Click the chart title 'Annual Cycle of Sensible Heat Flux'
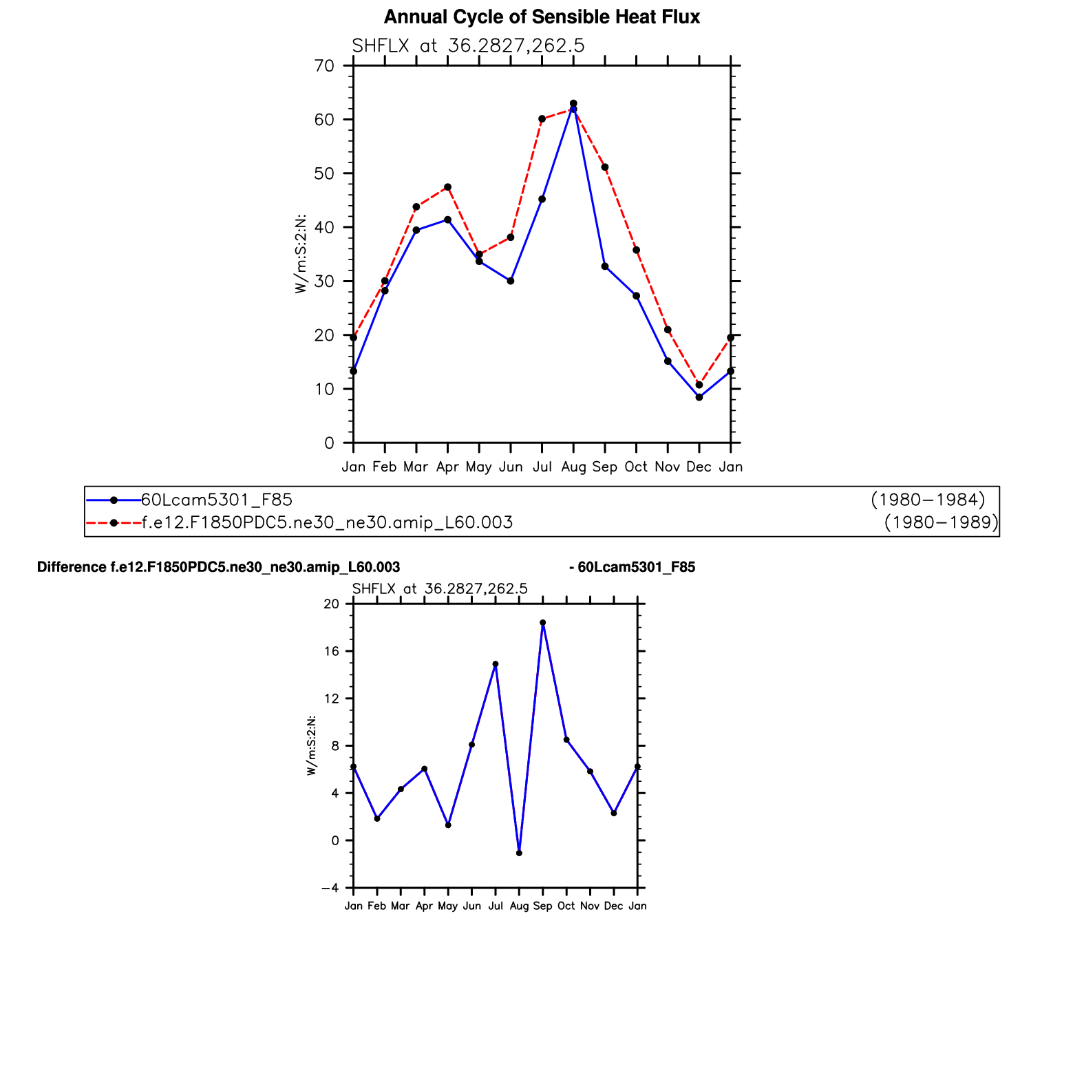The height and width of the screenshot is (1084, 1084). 542,17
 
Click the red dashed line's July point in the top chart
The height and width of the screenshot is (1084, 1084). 542,119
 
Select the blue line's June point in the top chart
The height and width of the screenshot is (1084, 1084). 511,281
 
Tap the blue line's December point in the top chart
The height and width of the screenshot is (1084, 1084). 699,397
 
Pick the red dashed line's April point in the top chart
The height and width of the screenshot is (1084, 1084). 448,187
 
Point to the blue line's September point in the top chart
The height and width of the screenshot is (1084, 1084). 605,266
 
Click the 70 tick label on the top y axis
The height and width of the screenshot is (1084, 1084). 324,66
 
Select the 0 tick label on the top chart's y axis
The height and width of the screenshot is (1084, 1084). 329,443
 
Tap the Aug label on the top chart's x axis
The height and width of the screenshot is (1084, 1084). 573,467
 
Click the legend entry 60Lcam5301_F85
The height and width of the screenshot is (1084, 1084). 217,500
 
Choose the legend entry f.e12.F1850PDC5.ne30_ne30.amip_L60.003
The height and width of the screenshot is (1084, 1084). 328,523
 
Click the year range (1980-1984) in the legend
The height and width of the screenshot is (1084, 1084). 928,500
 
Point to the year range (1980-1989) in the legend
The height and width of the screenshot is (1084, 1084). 941,523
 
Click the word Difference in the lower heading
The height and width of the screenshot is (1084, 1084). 72,567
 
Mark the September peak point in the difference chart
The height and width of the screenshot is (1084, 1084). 543,623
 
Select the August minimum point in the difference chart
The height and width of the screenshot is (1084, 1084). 519,853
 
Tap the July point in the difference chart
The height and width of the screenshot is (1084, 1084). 496,664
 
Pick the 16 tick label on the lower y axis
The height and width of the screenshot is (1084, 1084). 332,652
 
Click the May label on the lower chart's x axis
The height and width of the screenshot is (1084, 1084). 448,906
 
